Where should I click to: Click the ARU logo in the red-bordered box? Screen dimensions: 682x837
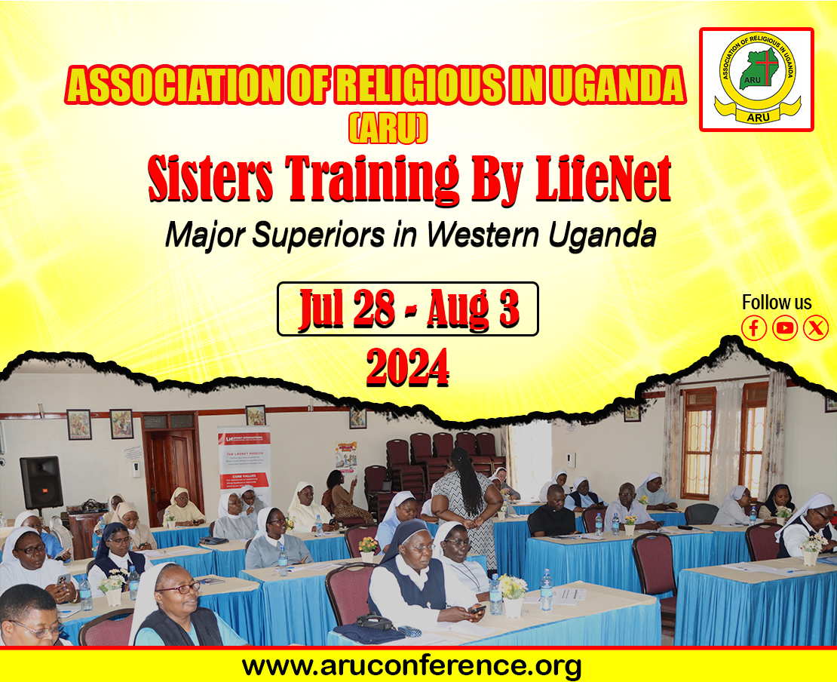click(756, 79)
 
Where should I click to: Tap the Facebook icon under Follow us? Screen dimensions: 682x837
click(754, 328)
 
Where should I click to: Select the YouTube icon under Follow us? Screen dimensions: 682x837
click(785, 328)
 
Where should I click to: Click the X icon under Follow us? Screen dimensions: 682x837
click(816, 328)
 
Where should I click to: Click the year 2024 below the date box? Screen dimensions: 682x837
click(407, 367)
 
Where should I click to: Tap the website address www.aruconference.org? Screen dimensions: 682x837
click(412, 665)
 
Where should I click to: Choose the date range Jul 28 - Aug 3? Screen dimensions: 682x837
click(408, 309)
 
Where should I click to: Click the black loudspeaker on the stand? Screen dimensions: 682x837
click(41, 481)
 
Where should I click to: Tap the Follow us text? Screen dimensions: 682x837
click(777, 303)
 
